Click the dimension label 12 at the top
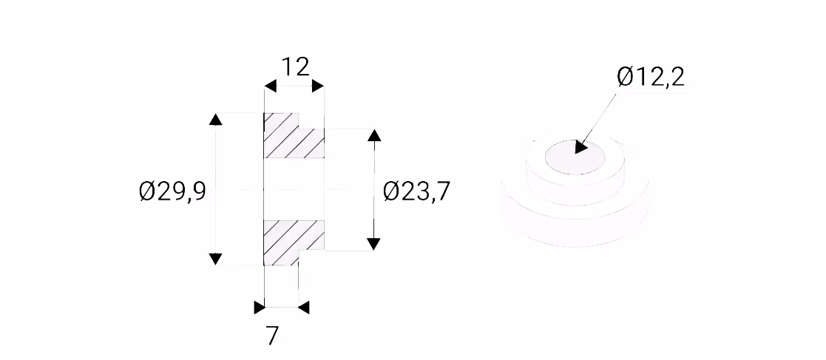pyautogui.click(x=295, y=67)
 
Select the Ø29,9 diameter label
pyautogui.click(x=172, y=191)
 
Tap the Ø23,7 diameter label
pyautogui.click(x=416, y=191)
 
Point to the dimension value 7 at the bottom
pyautogui.click(x=272, y=336)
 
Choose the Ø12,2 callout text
pyautogui.click(x=651, y=78)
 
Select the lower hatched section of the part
pyautogui.click(x=294, y=242)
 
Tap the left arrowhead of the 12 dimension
pyautogui.click(x=270, y=86)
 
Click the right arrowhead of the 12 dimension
pyautogui.click(x=318, y=86)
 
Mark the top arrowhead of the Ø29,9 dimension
pyautogui.click(x=215, y=120)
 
